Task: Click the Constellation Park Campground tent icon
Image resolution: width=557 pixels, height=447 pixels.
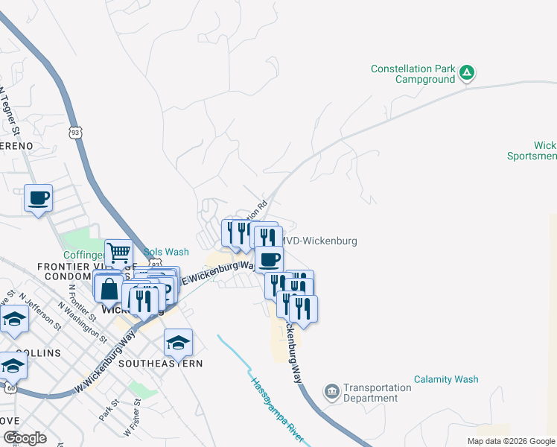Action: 467,73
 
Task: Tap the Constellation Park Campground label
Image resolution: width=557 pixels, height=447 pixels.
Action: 413,74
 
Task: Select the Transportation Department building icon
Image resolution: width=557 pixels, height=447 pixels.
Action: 331,391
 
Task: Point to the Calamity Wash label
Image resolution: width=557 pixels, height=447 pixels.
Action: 446,379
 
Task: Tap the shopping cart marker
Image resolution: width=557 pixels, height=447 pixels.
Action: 119,253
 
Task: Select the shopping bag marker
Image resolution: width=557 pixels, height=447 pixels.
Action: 109,291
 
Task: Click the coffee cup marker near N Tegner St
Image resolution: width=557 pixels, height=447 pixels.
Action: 38,198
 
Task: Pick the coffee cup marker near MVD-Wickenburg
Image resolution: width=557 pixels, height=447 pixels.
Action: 269,260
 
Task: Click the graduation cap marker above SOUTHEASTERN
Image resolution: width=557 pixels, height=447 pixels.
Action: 178,343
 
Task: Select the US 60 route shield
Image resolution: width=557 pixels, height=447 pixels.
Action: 9,387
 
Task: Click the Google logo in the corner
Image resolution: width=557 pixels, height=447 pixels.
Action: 24,438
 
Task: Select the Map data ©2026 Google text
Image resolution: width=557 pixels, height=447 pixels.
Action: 510,441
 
